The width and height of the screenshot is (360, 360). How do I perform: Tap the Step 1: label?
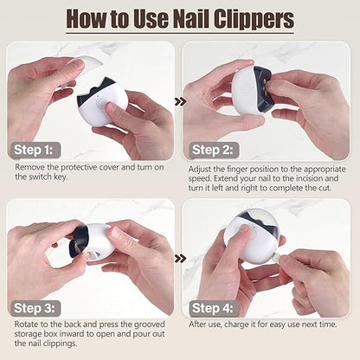click(x=36, y=149)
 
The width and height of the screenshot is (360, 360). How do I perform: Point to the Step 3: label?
click(x=36, y=307)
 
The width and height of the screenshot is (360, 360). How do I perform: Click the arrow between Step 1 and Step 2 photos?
click(x=179, y=101)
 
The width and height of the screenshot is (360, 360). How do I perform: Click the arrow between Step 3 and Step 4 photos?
click(x=179, y=258)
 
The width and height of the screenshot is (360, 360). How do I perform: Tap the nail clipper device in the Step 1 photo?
click(x=103, y=103)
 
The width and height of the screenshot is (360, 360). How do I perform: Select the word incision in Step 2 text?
click(x=315, y=178)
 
